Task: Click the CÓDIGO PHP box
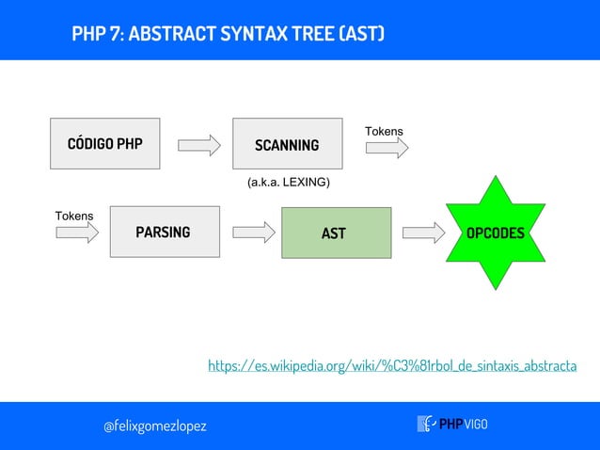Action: pos(104,144)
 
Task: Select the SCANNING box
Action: pos(287,144)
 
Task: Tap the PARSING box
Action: pos(163,232)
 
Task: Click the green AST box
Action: pos(336,233)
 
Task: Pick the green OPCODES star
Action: pos(496,233)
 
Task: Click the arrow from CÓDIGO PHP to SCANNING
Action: pos(198,145)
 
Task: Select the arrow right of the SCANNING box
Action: pos(387,147)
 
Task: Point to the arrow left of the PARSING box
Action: pos(77,233)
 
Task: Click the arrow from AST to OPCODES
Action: pos(422,233)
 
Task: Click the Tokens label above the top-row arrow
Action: pos(384,131)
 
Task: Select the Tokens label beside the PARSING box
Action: pos(74,216)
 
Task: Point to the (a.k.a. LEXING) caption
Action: pos(288,183)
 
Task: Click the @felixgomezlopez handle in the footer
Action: pos(154,426)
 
